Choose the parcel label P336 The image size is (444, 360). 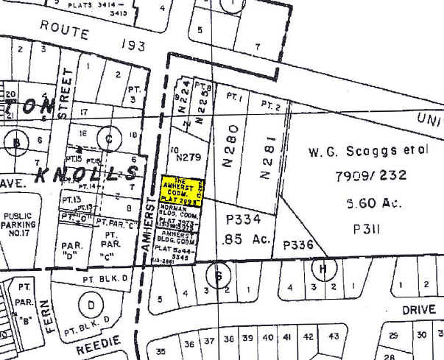coord(298,245)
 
